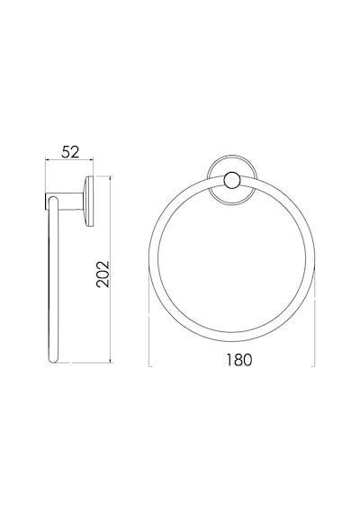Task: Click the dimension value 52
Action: click(71, 152)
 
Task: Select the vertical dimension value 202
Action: click(103, 274)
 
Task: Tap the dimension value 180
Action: click(239, 360)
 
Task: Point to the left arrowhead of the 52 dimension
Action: click(47, 159)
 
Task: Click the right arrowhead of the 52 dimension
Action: click(92, 159)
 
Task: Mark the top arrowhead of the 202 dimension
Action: click(111, 178)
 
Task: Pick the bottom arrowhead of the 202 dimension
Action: click(111, 361)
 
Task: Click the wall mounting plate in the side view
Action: click(89, 202)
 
